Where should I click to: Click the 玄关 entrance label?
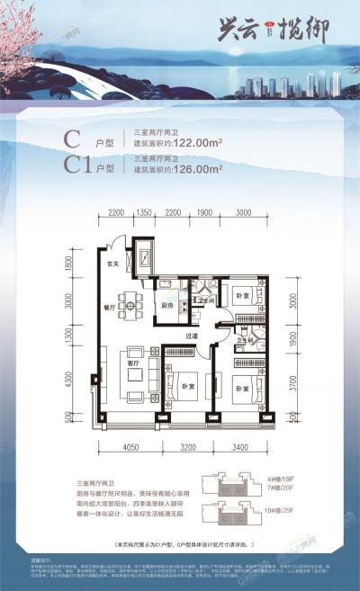pyautogui.click(x=112, y=264)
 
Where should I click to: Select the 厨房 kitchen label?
pyautogui.click(x=168, y=304)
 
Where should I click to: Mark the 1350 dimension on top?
pyautogui.click(x=145, y=212)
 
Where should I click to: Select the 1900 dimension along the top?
pyautogui.click(x=204, y=212)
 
